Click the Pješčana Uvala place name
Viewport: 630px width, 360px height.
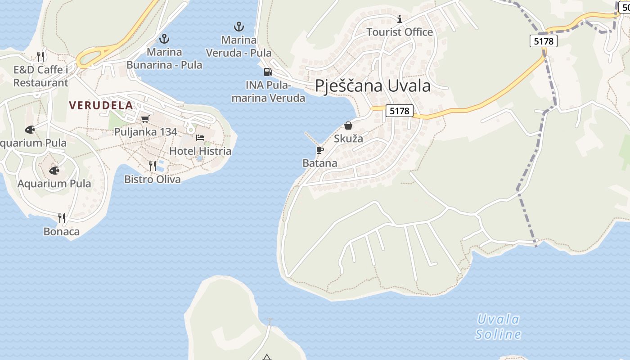coord(373,85)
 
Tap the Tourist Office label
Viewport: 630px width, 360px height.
coord(400,32)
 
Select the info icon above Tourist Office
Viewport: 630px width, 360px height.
coord(400,19)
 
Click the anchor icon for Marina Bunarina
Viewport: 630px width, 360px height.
coord(164,38)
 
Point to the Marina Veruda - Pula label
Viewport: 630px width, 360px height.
coord(239,46)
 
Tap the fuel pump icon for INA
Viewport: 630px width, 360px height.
coord(268,72)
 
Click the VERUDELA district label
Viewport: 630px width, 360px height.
coord(101,105)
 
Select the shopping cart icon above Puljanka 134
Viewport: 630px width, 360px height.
coord(145,119)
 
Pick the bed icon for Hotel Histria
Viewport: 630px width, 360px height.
coord(200,137)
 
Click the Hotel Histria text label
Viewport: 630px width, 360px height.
coord(200,151)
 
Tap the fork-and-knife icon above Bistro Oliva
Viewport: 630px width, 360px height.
coord(153,166)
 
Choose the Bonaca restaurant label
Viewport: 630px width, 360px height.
coord(62,231)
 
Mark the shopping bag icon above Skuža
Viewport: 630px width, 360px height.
coord(348,126)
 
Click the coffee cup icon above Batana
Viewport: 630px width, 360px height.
coord(320,150)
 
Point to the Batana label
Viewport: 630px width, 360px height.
coord(320,163)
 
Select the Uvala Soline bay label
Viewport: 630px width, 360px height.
coord(498,327)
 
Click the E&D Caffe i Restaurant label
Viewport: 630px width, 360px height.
coord(40,76)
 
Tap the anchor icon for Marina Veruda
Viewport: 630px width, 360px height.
coord(239,27)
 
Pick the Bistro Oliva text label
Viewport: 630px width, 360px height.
coord(153,179)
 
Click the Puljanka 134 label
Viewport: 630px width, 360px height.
coord(146,132)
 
